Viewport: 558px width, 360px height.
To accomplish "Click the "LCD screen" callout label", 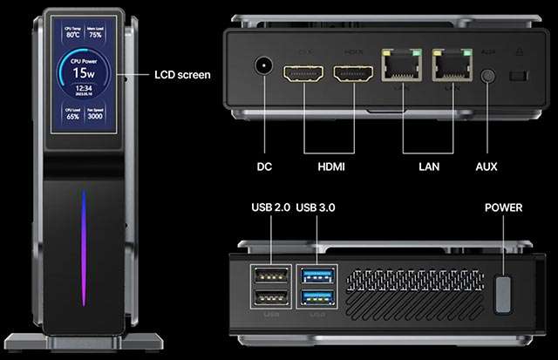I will coord(182,75).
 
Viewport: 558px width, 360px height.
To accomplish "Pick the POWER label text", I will coord(503,207).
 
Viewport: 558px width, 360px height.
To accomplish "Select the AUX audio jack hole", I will coord(487,76).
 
